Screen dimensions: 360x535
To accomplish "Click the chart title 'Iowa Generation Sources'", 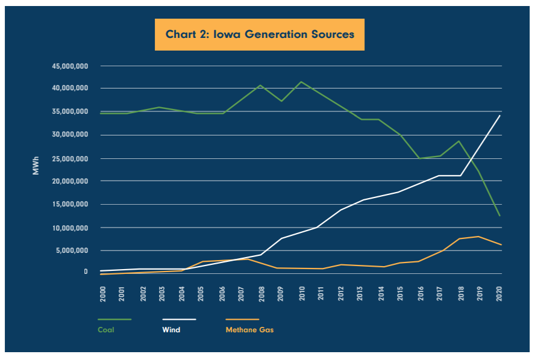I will (x=260, y=34).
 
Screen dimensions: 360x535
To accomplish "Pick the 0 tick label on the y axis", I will (x=86, y=272).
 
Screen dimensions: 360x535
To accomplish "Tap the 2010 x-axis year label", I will (x=300, y=294).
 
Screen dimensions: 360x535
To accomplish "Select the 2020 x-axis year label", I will (x=499, y=294).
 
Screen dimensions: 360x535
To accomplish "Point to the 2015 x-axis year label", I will (x=400, y=294).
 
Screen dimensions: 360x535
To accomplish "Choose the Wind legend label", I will (x=171, y=330).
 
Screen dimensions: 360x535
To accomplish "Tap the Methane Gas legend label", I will (x=249, y=330).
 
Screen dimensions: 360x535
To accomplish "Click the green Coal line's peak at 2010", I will (x=301, y=82).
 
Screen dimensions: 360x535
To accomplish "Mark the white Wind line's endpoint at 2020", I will (x=500, y=115).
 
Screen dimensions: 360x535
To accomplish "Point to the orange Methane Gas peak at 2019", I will (x=479, y=236).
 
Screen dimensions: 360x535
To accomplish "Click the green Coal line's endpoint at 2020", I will (x=500, y=216).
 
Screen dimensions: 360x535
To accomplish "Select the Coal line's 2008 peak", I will (x=260, y=85).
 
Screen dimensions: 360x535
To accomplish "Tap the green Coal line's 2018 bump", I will (x=460, y=141).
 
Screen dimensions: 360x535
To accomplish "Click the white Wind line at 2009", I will (x=281, y=238).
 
